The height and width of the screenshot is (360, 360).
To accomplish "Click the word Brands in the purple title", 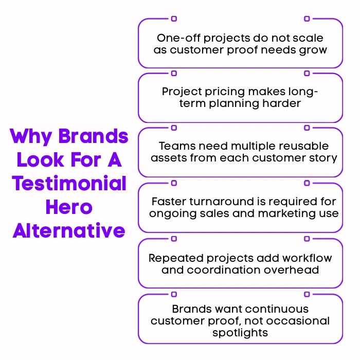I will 93,137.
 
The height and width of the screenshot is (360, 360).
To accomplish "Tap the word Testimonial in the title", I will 69,184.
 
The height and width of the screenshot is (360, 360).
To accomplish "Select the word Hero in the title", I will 69,207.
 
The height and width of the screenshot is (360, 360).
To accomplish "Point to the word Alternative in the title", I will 69,230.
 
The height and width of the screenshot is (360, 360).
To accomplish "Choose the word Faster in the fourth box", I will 168,201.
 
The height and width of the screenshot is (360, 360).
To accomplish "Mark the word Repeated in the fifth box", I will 170,258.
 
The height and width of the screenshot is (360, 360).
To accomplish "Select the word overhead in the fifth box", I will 296,270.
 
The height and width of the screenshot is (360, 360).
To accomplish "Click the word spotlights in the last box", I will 240,333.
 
